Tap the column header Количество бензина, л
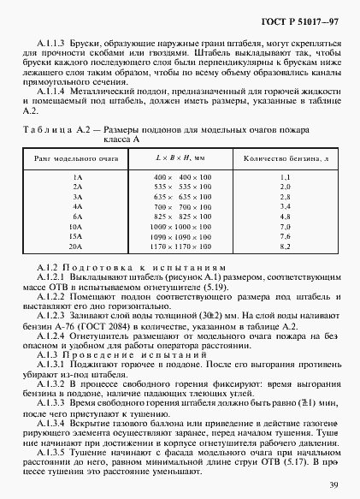pyautogui.click(x=286, y=159)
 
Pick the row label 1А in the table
pyautogui.click(x=78, y=175)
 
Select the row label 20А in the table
pyautogui.click(x=78, y=247)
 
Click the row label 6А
pyautogui.click(x=78, y=217)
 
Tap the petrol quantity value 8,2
pyautogui.click(x=286, y=247)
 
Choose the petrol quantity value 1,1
pyautogui.click(x=286, y=175)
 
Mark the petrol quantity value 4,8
pyautogui.click(x=286, y=217)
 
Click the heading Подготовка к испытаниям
pyautogui.click(x=145, y=267)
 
